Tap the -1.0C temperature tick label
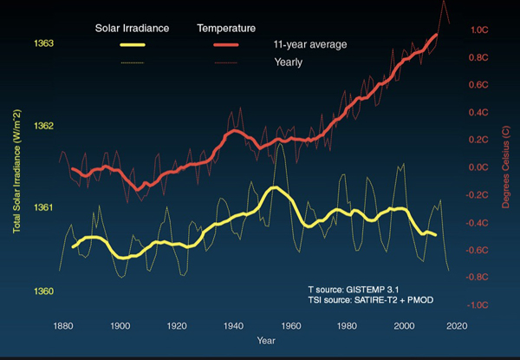481,305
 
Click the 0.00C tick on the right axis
481,167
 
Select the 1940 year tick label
232,326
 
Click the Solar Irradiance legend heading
131,28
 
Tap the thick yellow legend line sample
126,44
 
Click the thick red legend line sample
229,44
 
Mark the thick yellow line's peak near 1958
274,187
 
